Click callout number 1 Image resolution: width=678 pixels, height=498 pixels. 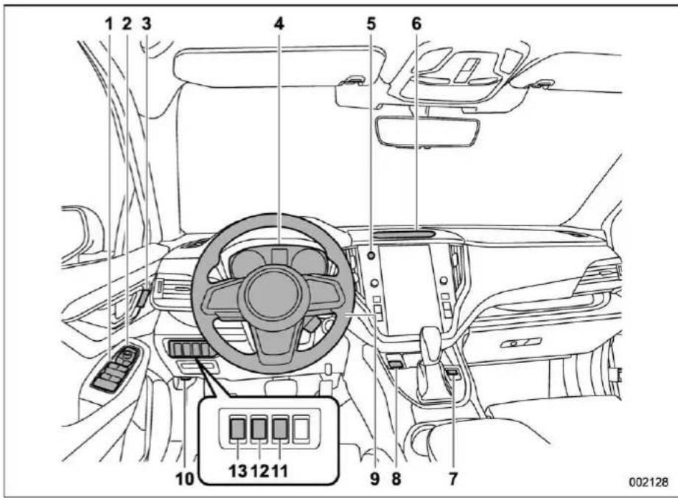pyautogui.click(x=109, y=24)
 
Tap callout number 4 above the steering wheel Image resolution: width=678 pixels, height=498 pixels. pyautogui.click(x=279, y=24)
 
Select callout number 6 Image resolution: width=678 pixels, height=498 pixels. pyautogui.click(x=416, y=24)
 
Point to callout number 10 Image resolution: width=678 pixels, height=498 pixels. pyautogui.click(x=185, y=479)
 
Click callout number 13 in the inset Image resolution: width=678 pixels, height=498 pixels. pyautogui.click(x=238, y=471)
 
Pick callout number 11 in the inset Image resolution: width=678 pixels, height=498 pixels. pyautogui.click(x=280, y=471)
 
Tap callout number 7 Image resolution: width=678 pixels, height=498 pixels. pyautogui.click(x=452, y=479)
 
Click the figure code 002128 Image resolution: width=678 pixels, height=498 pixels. pyautogui.click(x=649, y=482)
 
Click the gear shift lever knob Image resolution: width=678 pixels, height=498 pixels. pyautogui.click(x=430, y=337)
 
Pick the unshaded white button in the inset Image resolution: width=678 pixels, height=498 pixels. pyautogui.click(x=301, y=429)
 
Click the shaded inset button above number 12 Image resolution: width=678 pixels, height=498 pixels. pyautogui.click(x=259, y=429)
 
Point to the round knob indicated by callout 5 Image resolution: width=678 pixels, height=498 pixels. pyautogui.click(x=371, y=256)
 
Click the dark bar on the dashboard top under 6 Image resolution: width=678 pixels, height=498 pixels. pyautogui.click(x=405, y=234)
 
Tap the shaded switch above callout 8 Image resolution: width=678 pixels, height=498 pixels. pyautogui.click(x=396, y=364)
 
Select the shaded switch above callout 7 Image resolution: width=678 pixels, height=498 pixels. pyautogui.click(x=452, y=371)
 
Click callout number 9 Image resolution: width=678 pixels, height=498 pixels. pyautogui.click(x=374, y=479)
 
